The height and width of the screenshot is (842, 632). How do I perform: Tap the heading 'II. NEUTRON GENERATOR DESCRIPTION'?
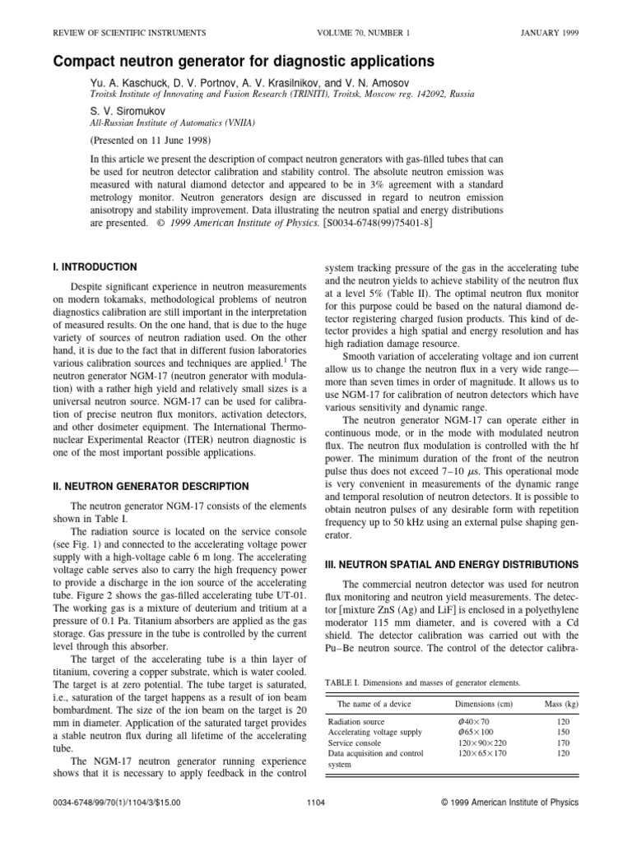[151, 487]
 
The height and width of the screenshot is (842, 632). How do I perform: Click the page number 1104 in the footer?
[316, 802]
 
